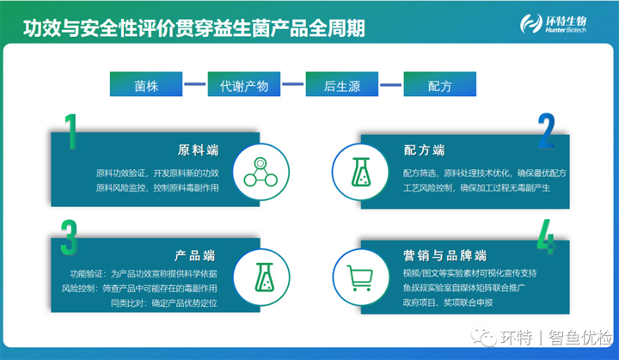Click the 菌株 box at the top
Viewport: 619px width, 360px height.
(x=146, y=84)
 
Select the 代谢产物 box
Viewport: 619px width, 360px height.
(x=244, y=84)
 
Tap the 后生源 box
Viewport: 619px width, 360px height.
(x=342, y=84)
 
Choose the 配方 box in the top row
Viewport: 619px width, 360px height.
(x=440, y=84)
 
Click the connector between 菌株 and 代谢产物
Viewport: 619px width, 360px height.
(x=195, y=84)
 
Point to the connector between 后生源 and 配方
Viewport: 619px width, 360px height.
(x=391, y=84)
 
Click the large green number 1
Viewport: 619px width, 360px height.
(x=71, y=131)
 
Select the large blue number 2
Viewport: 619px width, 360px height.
(x=547, y=131)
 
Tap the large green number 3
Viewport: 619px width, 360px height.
(x=69, y=237)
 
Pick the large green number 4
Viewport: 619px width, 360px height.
(x=546, y=236)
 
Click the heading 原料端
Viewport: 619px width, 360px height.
(x=198, y=150)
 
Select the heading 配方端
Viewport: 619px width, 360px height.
(x=424, y=150)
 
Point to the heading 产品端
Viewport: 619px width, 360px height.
(x=195, y=256)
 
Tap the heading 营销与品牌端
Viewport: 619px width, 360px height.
(x=445, y=255)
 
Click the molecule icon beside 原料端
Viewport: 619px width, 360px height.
(x=260, y=172)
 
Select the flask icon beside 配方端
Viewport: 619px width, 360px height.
(x=361, y=172)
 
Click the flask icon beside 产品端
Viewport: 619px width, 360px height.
(x=265, y=278)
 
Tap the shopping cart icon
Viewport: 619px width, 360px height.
(x=359, y=278)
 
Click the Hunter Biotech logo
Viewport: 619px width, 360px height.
(x=553, y=24)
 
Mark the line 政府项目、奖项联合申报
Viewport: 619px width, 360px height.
(x=448, y=302)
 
